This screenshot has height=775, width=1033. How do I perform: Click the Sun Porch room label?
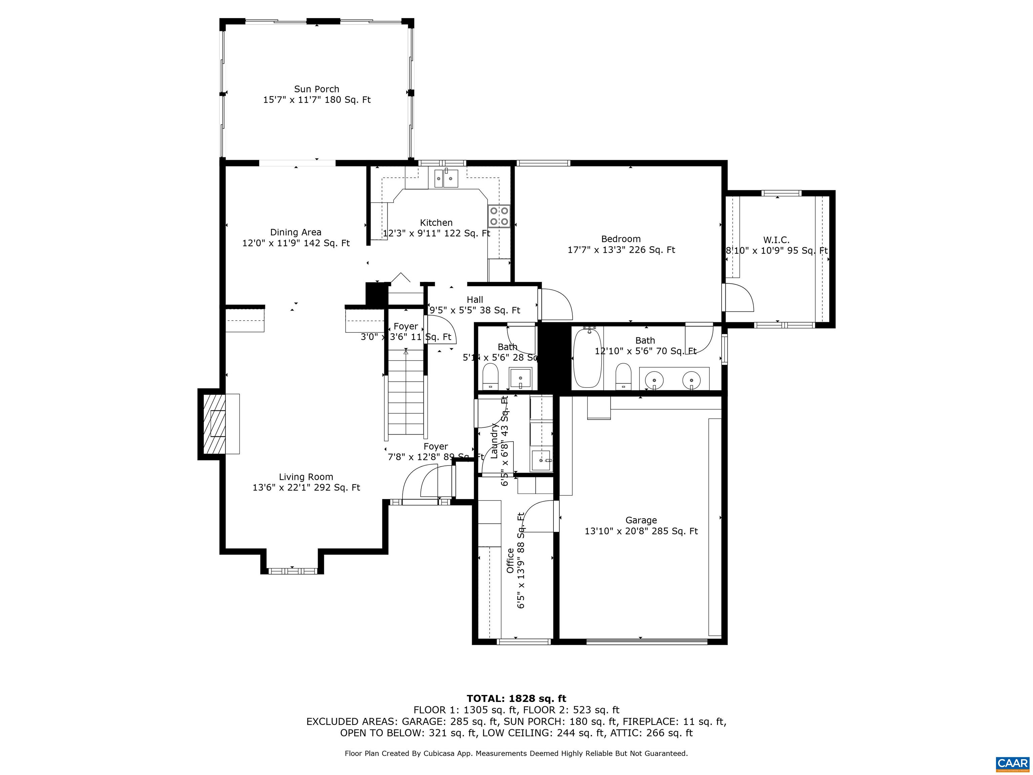tap(317, 89)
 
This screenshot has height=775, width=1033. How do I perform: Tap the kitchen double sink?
tap(446, 178)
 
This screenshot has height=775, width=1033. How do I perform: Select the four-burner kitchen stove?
tap(499, 216)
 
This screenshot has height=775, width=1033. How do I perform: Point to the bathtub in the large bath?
tap(587, 358)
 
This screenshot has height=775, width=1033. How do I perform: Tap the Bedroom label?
tap(621, 239)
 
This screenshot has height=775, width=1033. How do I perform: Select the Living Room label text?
tap(306, 477)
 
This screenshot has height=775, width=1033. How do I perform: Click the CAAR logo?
tap(1012, 763)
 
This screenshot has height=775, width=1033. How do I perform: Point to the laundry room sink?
tap(541, 460)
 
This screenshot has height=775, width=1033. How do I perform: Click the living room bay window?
tap(292, 570)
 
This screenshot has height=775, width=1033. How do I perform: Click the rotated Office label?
tap(510, 561)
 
